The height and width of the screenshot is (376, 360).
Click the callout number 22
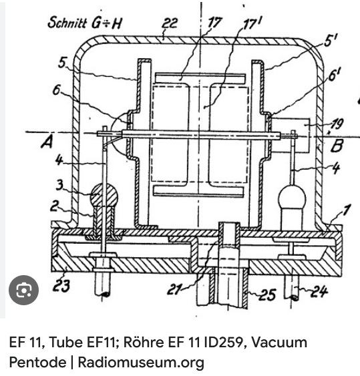[x=170, y=23]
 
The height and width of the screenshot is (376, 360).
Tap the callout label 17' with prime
[x=252, y=23]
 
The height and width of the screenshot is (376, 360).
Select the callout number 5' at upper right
[x=331, y=40]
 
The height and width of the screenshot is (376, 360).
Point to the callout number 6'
[x=334, y=74]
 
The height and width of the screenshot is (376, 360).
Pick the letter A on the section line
[x=47, y=143]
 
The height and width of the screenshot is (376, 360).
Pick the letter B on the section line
[x=337, y=146]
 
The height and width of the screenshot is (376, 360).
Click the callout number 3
[x=59, y=185]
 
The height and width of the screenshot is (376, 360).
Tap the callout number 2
[x=54, y=206]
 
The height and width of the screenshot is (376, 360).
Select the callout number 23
[x=61, y=285]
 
